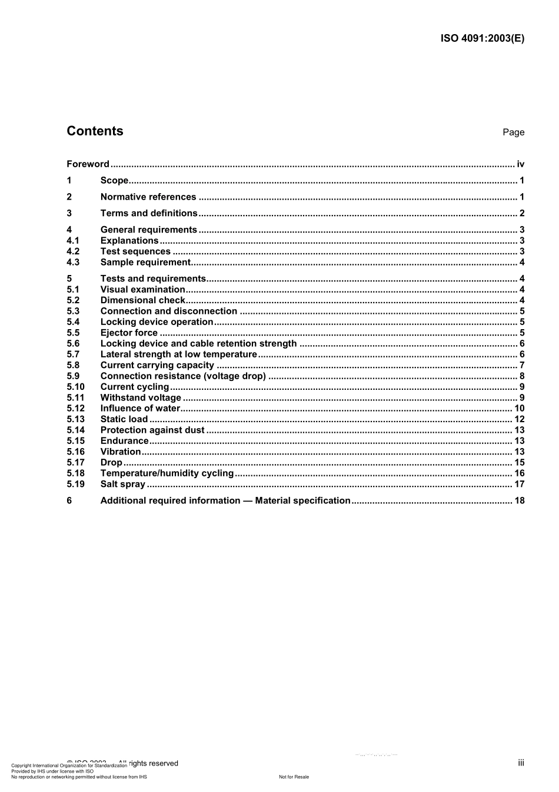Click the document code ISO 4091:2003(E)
click(482, 39)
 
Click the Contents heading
click(95, 131)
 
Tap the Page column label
click(513, 132)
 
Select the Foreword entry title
click(88, 164)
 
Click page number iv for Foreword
click(520, 164)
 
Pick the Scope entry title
click(114, 181)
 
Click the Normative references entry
click(148, 197)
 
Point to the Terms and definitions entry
click(149, 213)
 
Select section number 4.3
click(73, 263)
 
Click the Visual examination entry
click(142, 290)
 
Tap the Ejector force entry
click(129, 333)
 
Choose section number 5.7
click(73, 354)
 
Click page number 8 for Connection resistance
click(522, 376)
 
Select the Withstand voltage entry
click(141, 398)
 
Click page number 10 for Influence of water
click(519, 409)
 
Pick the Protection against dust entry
click(152, 430)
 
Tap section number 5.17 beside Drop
click(75, 463)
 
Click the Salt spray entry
click(122, 485)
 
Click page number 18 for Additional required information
click(519, 501)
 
